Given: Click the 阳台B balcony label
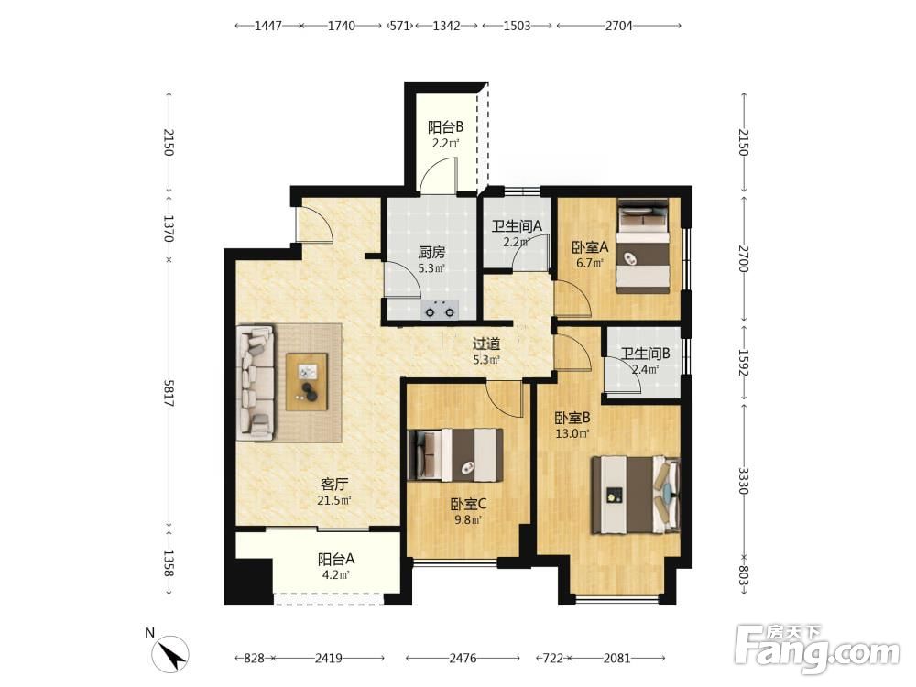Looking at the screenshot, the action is (x=446, y=126).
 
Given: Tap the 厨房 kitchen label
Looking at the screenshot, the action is (x=431, y=253).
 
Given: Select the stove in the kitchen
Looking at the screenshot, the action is (x=440, y=309).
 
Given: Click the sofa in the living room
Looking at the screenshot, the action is (x=256, y=383).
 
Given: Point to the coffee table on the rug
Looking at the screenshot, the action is (x=307, y=382).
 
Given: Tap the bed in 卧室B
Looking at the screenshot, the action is (x=637, y=495).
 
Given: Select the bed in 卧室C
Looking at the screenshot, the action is (x=455, y=455).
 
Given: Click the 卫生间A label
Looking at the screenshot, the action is (x=517, y=225).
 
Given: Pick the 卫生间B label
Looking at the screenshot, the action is (x=645, y=354).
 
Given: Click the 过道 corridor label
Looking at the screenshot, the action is (x=486, y=344).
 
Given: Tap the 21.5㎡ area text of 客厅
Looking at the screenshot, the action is (x=334, y=501).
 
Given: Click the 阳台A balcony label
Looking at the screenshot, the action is (x=336, y=559).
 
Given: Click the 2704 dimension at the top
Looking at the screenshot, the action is (x=618, y=26).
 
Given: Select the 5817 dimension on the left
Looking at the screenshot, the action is (x=169, y=393).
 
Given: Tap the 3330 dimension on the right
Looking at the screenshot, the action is (x=743, y=480).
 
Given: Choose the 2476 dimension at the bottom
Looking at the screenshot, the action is (x=463, y=659).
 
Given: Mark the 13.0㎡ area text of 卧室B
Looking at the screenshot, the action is (x=572, y=433).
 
